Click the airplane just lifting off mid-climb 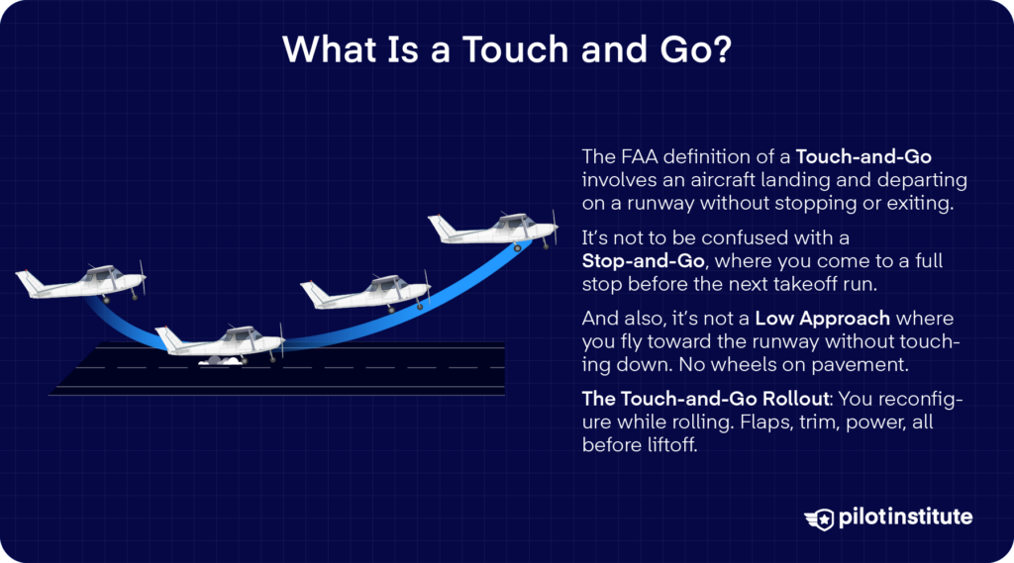click(x=365, y=292)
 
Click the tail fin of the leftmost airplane click(x=27, y=281)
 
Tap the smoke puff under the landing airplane click(x=220, y=363)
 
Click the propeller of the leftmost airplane click(x=143, y=279)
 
